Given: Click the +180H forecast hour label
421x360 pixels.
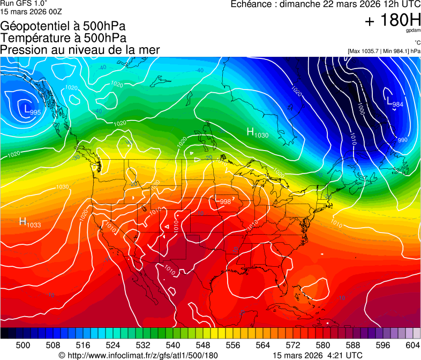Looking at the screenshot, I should coord(393,21).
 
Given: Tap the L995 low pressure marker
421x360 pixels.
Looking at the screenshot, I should coord(32,110).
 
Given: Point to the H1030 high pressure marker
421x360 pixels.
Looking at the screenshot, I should coord(257,133).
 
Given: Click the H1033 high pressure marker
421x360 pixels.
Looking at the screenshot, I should coord(30,222).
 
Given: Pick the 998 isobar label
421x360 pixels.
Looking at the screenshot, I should coord(225,201).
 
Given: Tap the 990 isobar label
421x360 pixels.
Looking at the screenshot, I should coord(403,140).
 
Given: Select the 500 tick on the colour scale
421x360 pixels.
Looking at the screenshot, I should coord(23,344).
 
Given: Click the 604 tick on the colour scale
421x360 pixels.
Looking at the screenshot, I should coord(413,344).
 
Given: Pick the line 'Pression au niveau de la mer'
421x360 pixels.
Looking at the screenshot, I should coord(80,50).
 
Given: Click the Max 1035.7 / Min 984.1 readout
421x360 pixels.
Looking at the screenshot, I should coord(384,51).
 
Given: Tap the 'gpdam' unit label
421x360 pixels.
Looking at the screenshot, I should coord(413,32).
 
